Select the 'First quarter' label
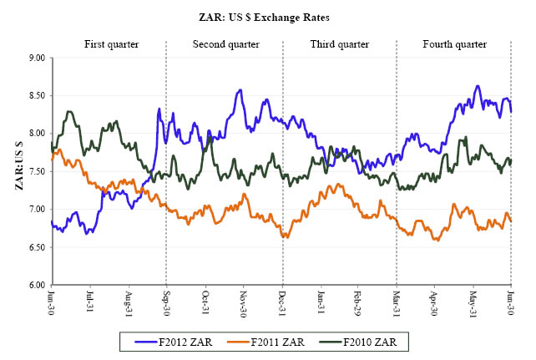point(111,43)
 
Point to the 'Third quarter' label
point(337,43)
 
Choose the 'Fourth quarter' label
point(453,43)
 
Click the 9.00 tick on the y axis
point(36,58)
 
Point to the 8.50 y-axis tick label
point(36,95)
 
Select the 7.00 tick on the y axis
point(36,209)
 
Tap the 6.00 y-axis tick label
point(36,285)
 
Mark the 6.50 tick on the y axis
point(36,247)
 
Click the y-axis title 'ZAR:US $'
point(18,170)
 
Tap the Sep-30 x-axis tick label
point(167,302)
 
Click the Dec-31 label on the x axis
point(282,302)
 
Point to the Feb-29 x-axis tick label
point(358,302)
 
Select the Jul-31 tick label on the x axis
point(90,302)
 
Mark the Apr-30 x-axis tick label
point(434,302)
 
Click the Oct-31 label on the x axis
point(206,302)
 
